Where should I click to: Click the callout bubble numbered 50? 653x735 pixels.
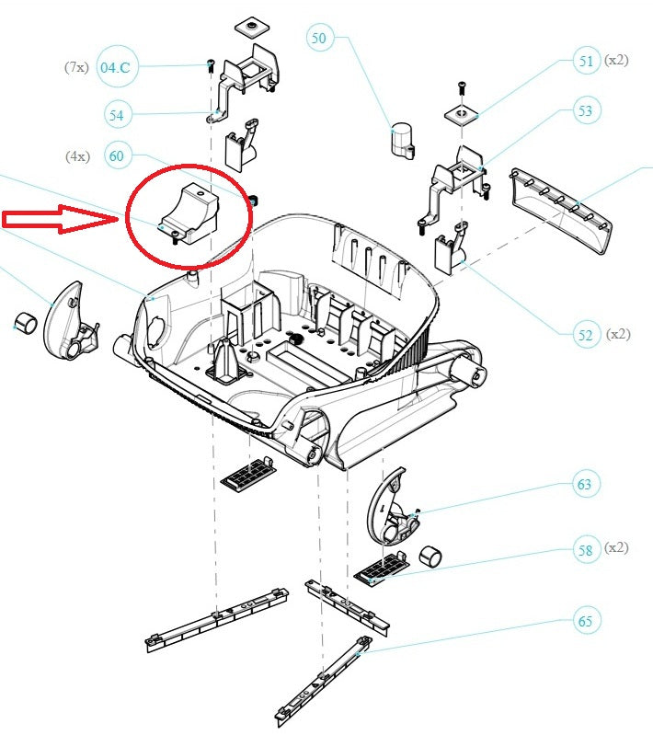[x=318, y=39]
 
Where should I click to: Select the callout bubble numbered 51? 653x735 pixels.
[x=586, y=62]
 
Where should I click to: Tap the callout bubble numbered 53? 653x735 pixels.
[x=585, y=111]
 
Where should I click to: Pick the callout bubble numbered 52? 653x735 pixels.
[x=586, y=335]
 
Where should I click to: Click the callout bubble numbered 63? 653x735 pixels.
[x=585, y=484]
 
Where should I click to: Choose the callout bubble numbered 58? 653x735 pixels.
[x=585, y=551]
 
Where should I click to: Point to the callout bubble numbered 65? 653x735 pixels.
[x=585, y=621]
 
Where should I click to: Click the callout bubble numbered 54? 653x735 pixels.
[x=116, y=115]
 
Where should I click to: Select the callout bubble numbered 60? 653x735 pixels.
[x=116, y=156]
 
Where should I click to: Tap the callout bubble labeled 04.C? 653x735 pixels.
[x=116, y=66]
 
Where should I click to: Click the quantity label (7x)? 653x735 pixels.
[x=75, y=66]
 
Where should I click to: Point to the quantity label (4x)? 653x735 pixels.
[x=76, y=156]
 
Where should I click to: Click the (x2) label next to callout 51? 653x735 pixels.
[x=615, y=61]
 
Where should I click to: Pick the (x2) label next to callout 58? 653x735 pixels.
[x=615, y=548]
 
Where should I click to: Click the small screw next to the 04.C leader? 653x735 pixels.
[x=211, y=65]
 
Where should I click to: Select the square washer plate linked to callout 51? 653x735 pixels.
[x=461, y=114]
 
